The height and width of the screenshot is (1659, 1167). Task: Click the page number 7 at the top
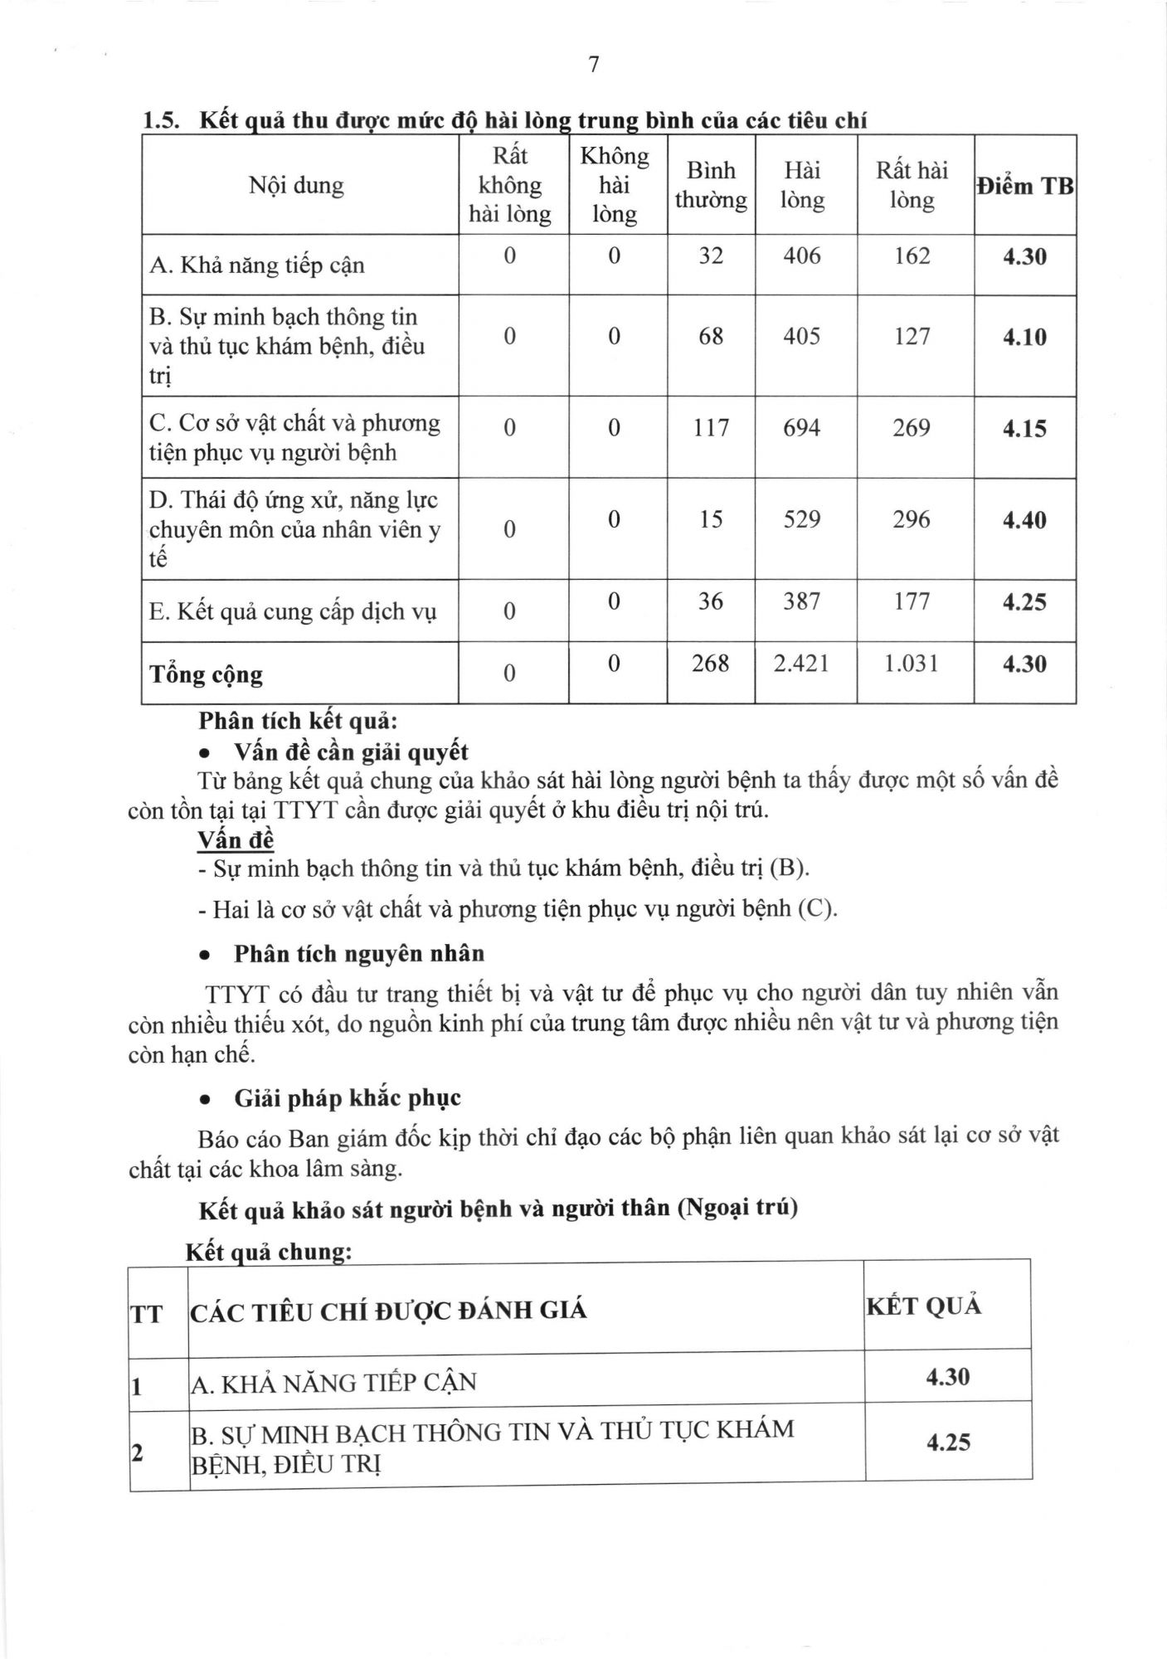click(593, 65)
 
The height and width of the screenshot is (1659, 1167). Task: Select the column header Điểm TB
click(1025, 186)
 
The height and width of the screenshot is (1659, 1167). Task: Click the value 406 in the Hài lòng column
click(801, 255)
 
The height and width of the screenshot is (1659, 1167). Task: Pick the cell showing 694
click(801, 428)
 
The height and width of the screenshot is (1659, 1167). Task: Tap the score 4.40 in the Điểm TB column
click(1024, 520)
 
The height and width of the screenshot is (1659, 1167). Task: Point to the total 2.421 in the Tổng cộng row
click(801, 664)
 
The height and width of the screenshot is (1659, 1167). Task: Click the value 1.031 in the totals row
click(912, 664)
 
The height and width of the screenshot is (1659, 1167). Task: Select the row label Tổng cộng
click(206, 674)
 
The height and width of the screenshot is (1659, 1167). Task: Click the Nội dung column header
click(296, 185)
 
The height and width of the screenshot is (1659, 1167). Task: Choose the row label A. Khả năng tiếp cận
click(257, 265)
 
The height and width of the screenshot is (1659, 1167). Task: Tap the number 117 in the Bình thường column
click(711, 428)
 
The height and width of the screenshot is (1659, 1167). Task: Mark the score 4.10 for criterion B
click(1024, 337)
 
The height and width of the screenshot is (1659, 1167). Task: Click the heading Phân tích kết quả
click(298, 721)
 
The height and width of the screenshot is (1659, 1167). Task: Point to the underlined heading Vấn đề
click(235, 839)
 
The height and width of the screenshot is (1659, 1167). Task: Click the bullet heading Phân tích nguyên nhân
click(358, 953)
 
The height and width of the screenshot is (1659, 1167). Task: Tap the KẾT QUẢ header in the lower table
click(923, 1306)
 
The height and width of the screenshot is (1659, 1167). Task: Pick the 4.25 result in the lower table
click(948, 1443)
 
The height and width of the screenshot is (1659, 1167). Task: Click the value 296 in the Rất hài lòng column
click(912, 519)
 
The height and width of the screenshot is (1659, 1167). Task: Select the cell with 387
click(801, 601)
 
